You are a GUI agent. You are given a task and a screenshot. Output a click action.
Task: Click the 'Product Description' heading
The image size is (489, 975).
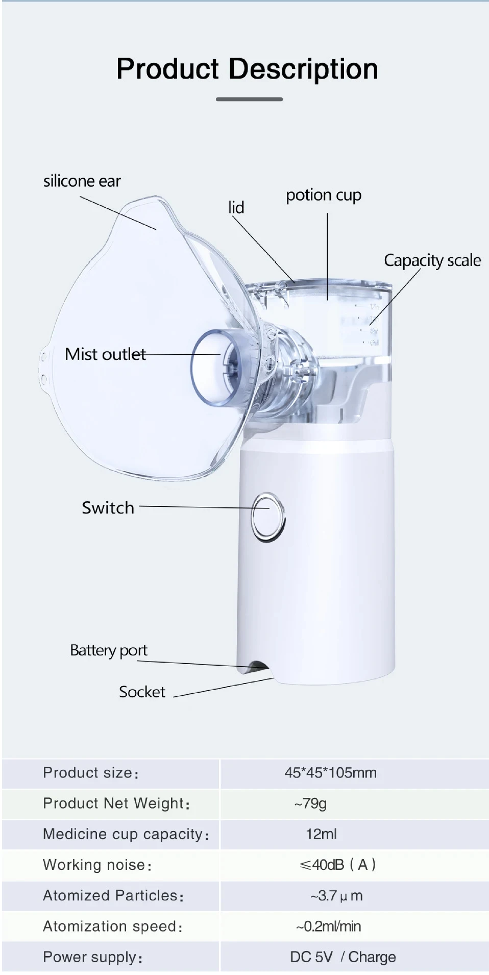(247, 69)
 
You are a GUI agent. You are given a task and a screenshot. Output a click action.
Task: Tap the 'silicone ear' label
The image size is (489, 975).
(82, 181)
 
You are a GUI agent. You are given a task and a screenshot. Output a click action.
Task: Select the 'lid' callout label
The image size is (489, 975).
(236, 207)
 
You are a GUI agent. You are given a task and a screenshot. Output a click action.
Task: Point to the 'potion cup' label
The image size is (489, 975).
(323, 195)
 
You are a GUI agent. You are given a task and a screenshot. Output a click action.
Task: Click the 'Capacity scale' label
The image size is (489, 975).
(432, 260)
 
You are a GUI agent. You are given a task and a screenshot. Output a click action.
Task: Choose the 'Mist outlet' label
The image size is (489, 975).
(105, 354)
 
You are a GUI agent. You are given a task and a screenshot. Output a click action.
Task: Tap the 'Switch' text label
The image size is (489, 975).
(108, 508)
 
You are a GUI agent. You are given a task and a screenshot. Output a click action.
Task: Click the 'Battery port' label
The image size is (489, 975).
(108, 650)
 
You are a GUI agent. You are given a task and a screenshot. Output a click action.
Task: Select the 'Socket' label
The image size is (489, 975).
(142, 692)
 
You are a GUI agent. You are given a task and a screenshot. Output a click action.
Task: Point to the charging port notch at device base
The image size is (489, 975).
(257, 666)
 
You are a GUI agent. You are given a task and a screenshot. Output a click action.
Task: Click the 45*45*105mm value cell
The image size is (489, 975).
(330, 773)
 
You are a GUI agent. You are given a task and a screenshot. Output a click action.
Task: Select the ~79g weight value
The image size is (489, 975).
(310, 803)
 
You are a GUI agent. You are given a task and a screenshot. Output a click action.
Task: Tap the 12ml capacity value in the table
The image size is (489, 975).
(321, 834)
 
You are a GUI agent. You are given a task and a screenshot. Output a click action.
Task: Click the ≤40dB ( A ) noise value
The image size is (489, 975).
(337, 865)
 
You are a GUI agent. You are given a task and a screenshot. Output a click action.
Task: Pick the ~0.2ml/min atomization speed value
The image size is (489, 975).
(328, 926)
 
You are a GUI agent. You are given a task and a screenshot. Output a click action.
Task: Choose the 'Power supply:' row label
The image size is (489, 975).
(92, 957)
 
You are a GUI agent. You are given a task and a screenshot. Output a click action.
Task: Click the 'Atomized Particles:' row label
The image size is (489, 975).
(113, 896)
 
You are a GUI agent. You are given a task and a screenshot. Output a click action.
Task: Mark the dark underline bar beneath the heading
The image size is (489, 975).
(249, 99)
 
